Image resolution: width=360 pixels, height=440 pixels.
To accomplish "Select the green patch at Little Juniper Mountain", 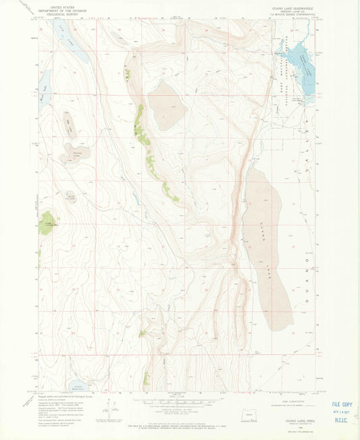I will [47, 225].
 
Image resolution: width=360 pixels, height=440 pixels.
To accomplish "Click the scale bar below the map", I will [179, 402].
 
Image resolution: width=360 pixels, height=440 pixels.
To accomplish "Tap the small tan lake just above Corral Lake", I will [70, 124].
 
